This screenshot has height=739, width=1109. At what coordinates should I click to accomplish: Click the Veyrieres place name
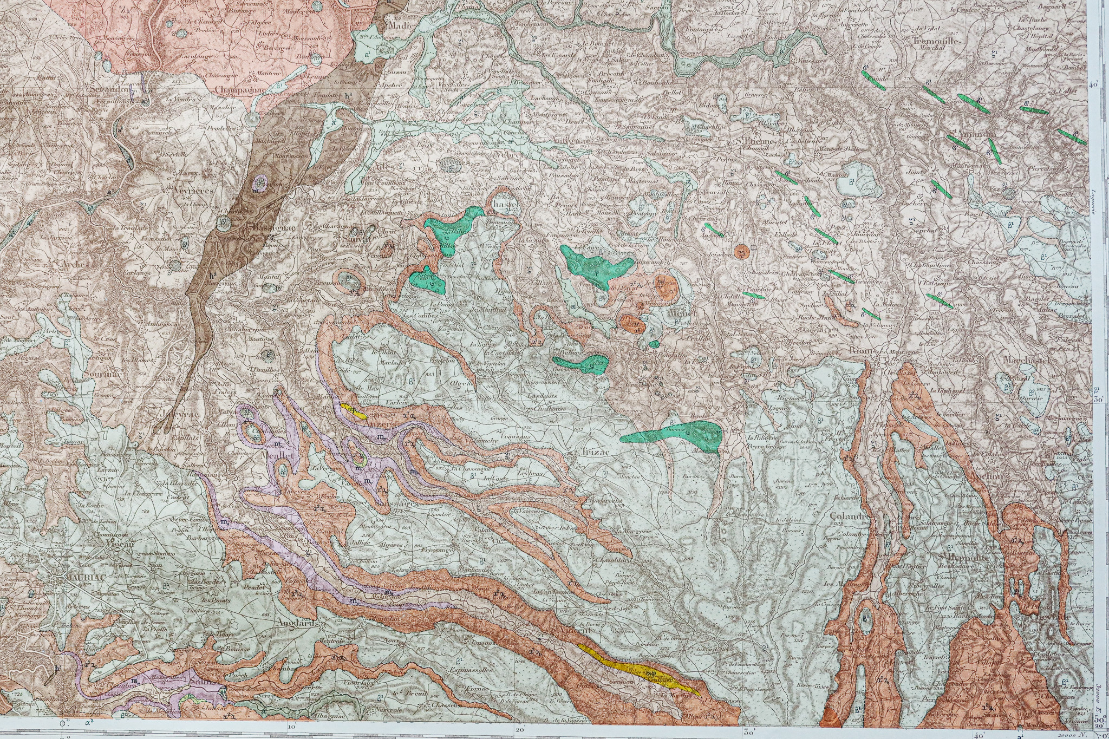(194, 191)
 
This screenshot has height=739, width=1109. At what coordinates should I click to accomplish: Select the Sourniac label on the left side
(103, 374)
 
